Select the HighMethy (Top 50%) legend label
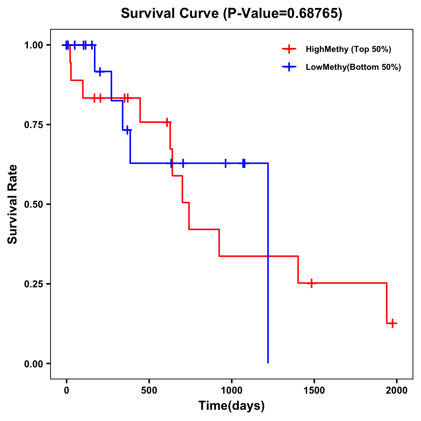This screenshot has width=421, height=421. click(x=348, y=49)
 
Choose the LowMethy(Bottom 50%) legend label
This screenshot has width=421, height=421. click(x=353, y=67)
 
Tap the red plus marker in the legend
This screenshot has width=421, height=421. click(x=289, y=49)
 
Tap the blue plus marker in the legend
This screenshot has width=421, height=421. click(x=289, y=67)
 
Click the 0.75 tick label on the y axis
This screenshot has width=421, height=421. click(x=34, y=125)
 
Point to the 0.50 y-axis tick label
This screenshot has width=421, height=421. click(x=34, y=204)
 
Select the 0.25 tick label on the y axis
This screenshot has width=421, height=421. click(x=34, y=284)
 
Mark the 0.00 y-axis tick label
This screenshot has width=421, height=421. click(x=34, y=364)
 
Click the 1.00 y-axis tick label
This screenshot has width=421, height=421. click(x=34, y=45)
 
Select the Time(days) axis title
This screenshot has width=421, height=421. click(x=232, y=406)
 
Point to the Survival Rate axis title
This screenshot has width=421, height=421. click(x=13, y=204)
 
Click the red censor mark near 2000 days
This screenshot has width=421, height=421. click(x=393, y=323)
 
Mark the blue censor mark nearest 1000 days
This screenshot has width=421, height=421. click(x=225, y=163)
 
